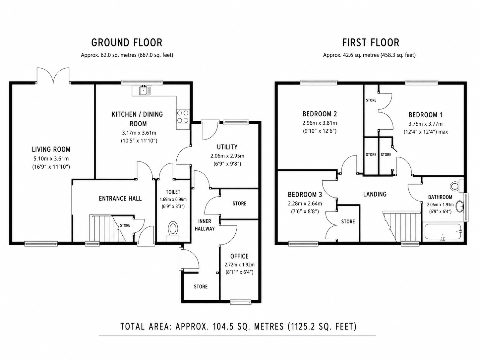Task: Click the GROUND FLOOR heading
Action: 127,43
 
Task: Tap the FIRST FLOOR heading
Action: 371,43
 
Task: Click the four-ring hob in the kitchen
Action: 183,117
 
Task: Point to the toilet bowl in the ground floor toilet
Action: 173,228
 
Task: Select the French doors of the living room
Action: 53,76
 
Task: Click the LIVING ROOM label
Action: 51,150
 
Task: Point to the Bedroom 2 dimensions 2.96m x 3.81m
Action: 320,123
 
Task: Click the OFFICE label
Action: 239,256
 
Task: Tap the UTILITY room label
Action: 227,147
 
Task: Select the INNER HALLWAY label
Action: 205,225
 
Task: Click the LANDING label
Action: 375,194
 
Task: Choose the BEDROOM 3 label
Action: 305,195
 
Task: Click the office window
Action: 241,302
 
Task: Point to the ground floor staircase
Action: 107,228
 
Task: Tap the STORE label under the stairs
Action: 125,225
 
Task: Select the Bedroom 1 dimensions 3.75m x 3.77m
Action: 425,124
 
